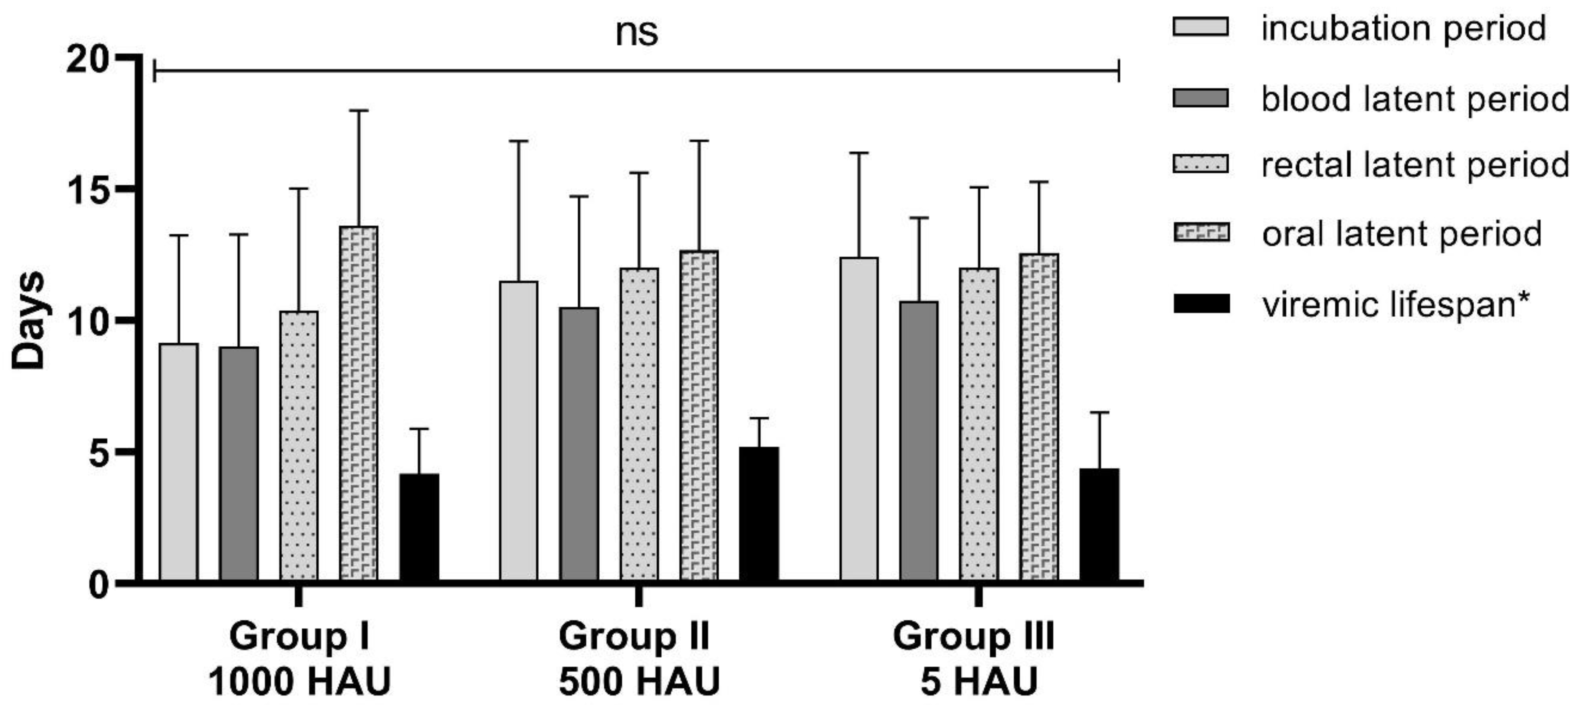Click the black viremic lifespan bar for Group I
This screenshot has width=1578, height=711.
coord(420,527)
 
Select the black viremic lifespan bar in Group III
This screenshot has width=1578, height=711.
coord(1099,525)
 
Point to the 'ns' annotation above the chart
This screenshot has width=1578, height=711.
coord(637,32)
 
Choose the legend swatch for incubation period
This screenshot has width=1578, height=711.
coord(1201,27)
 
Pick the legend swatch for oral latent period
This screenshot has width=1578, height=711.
coord(1201,233)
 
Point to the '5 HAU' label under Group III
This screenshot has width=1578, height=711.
coord(979,682)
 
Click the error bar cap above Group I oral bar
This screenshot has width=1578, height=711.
coord(359,111)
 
